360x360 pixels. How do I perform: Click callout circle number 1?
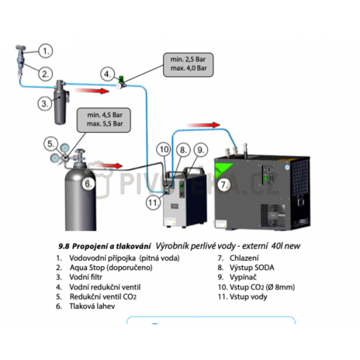click(x=46, y=51)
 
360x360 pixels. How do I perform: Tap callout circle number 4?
click(x=107, y=74)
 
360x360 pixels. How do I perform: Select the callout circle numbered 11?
click(x=153, y=202)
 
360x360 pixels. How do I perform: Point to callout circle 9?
click(x=201, y=150)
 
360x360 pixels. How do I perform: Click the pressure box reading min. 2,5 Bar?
click(x=189, y=64)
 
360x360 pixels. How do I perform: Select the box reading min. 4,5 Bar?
click(x=104, y=120)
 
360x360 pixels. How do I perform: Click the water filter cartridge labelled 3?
click(x=61, y=102)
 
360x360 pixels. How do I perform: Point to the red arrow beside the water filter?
click(x=92, y=91)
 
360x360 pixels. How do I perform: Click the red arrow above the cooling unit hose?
click(x=203, y=125)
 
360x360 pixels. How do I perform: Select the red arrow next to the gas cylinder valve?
click(x=109, y=166)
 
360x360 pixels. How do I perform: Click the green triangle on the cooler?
click(x=223, y=168)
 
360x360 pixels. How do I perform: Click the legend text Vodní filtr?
click(x=85, y=277)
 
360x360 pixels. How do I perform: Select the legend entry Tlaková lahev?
click(x=92, y=306)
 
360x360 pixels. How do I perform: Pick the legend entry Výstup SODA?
click(x=251, y=268)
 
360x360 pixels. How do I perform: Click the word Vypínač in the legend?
click(x=243, y=277)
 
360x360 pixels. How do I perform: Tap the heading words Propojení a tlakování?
click(x=111, y=247)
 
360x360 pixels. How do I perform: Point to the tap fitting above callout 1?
click(x=20, y=48)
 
